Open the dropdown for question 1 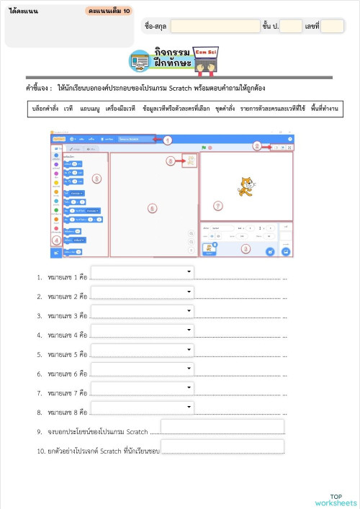click(x=142, y=272)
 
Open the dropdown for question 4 click(x=142, y=330)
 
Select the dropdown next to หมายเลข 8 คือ click(x=142, y=408)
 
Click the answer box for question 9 click(x=222, y=427)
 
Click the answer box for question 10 click(x=222, y=447)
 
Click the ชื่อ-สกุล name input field click(x=215, y=26)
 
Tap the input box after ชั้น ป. click(x=291, y=26)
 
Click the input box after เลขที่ click(x=332, y=26)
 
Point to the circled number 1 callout click(x=168, y=140)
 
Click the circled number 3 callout click(x=245, y=248)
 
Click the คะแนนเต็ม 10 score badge click(x=109, y=12)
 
